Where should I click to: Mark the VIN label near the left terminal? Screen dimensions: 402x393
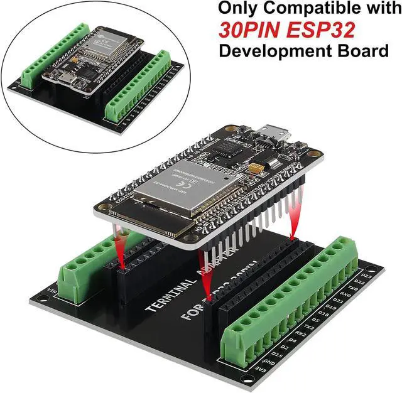52,289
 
